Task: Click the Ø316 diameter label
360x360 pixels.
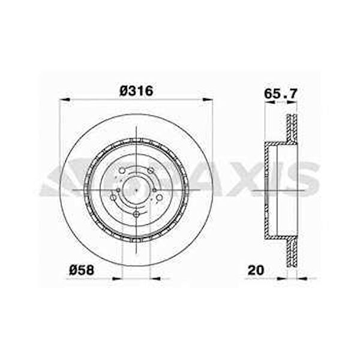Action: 136,91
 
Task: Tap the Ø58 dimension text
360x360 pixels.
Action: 82,270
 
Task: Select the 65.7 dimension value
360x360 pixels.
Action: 281,94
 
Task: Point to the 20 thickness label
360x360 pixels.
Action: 256,270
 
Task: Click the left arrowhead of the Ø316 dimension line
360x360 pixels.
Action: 64,100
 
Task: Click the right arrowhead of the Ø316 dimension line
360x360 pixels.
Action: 208,100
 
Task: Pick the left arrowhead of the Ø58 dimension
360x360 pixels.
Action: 116,279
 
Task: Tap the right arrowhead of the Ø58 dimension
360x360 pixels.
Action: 155,279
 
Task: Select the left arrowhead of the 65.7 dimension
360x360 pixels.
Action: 269,103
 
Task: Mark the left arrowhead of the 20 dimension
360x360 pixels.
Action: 282,278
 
